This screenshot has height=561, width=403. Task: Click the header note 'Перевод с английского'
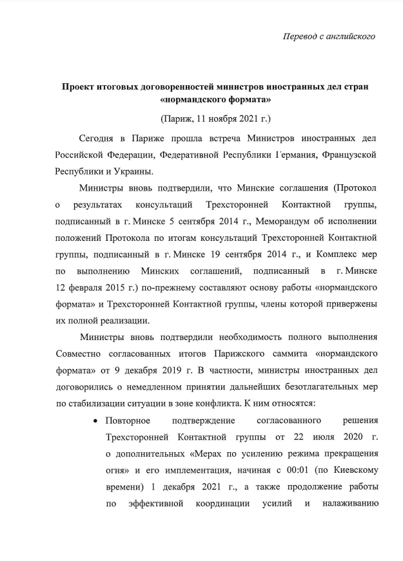point(329,36)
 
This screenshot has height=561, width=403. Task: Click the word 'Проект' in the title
point(79,86)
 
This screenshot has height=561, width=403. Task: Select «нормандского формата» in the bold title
point(215,100)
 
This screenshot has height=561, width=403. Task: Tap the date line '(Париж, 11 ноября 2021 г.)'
point(215,120)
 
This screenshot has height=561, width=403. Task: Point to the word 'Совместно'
point(78,354)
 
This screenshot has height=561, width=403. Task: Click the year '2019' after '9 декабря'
point(195,370)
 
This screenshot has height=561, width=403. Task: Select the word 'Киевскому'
point(352,470)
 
